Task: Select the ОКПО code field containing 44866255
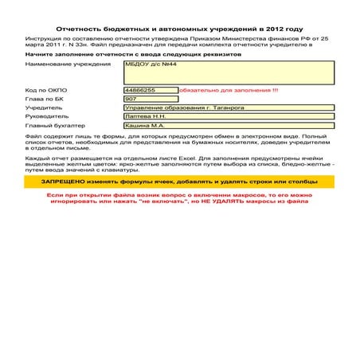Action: tap(150, 90)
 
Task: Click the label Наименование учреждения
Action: tap(63, 62)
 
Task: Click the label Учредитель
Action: tap(44, 108)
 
